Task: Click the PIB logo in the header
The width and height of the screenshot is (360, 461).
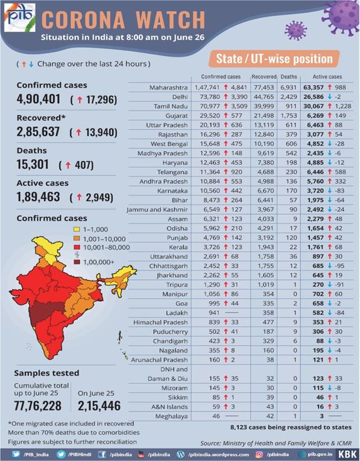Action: coord(20,17)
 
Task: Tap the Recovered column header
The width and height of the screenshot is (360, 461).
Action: coord(264,77)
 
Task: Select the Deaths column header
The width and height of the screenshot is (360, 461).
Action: coord(289,77)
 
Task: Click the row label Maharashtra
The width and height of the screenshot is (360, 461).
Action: coord(168,87)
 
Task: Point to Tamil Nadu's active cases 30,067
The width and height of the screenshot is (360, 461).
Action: coord(314,106)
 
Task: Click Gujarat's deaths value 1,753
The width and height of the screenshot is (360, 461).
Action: coord(289,116)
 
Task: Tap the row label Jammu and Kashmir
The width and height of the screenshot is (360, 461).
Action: coord(157,209)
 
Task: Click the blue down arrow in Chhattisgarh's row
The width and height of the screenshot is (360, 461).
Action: coord(329,265)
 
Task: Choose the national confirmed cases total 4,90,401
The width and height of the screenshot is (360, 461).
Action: coord(39,99)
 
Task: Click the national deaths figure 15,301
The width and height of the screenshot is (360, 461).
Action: coord(33,164)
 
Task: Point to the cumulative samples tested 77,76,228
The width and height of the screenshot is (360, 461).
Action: coord(37,405)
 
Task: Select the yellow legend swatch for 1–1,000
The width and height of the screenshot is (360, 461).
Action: coord(77,229)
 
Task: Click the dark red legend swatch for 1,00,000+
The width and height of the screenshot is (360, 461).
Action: coord(77,262)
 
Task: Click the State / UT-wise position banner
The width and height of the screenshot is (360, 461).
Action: coord(274,59)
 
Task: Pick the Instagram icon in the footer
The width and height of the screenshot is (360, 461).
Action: coord(259,454)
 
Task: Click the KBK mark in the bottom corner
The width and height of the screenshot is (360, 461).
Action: coord(347,454)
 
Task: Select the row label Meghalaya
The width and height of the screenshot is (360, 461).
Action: coord(171,416)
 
